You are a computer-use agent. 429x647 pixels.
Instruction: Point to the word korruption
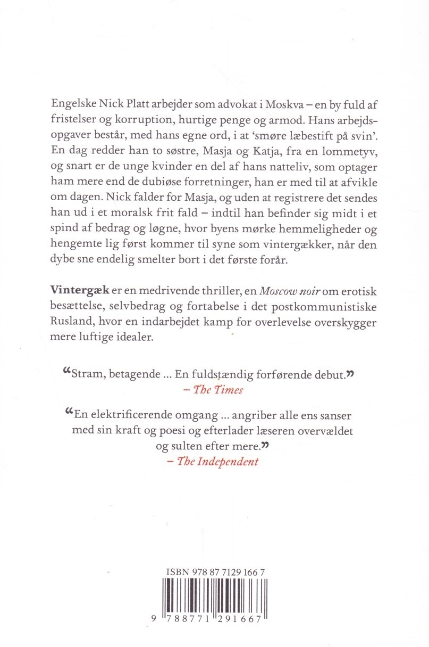tap(148, 118)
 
